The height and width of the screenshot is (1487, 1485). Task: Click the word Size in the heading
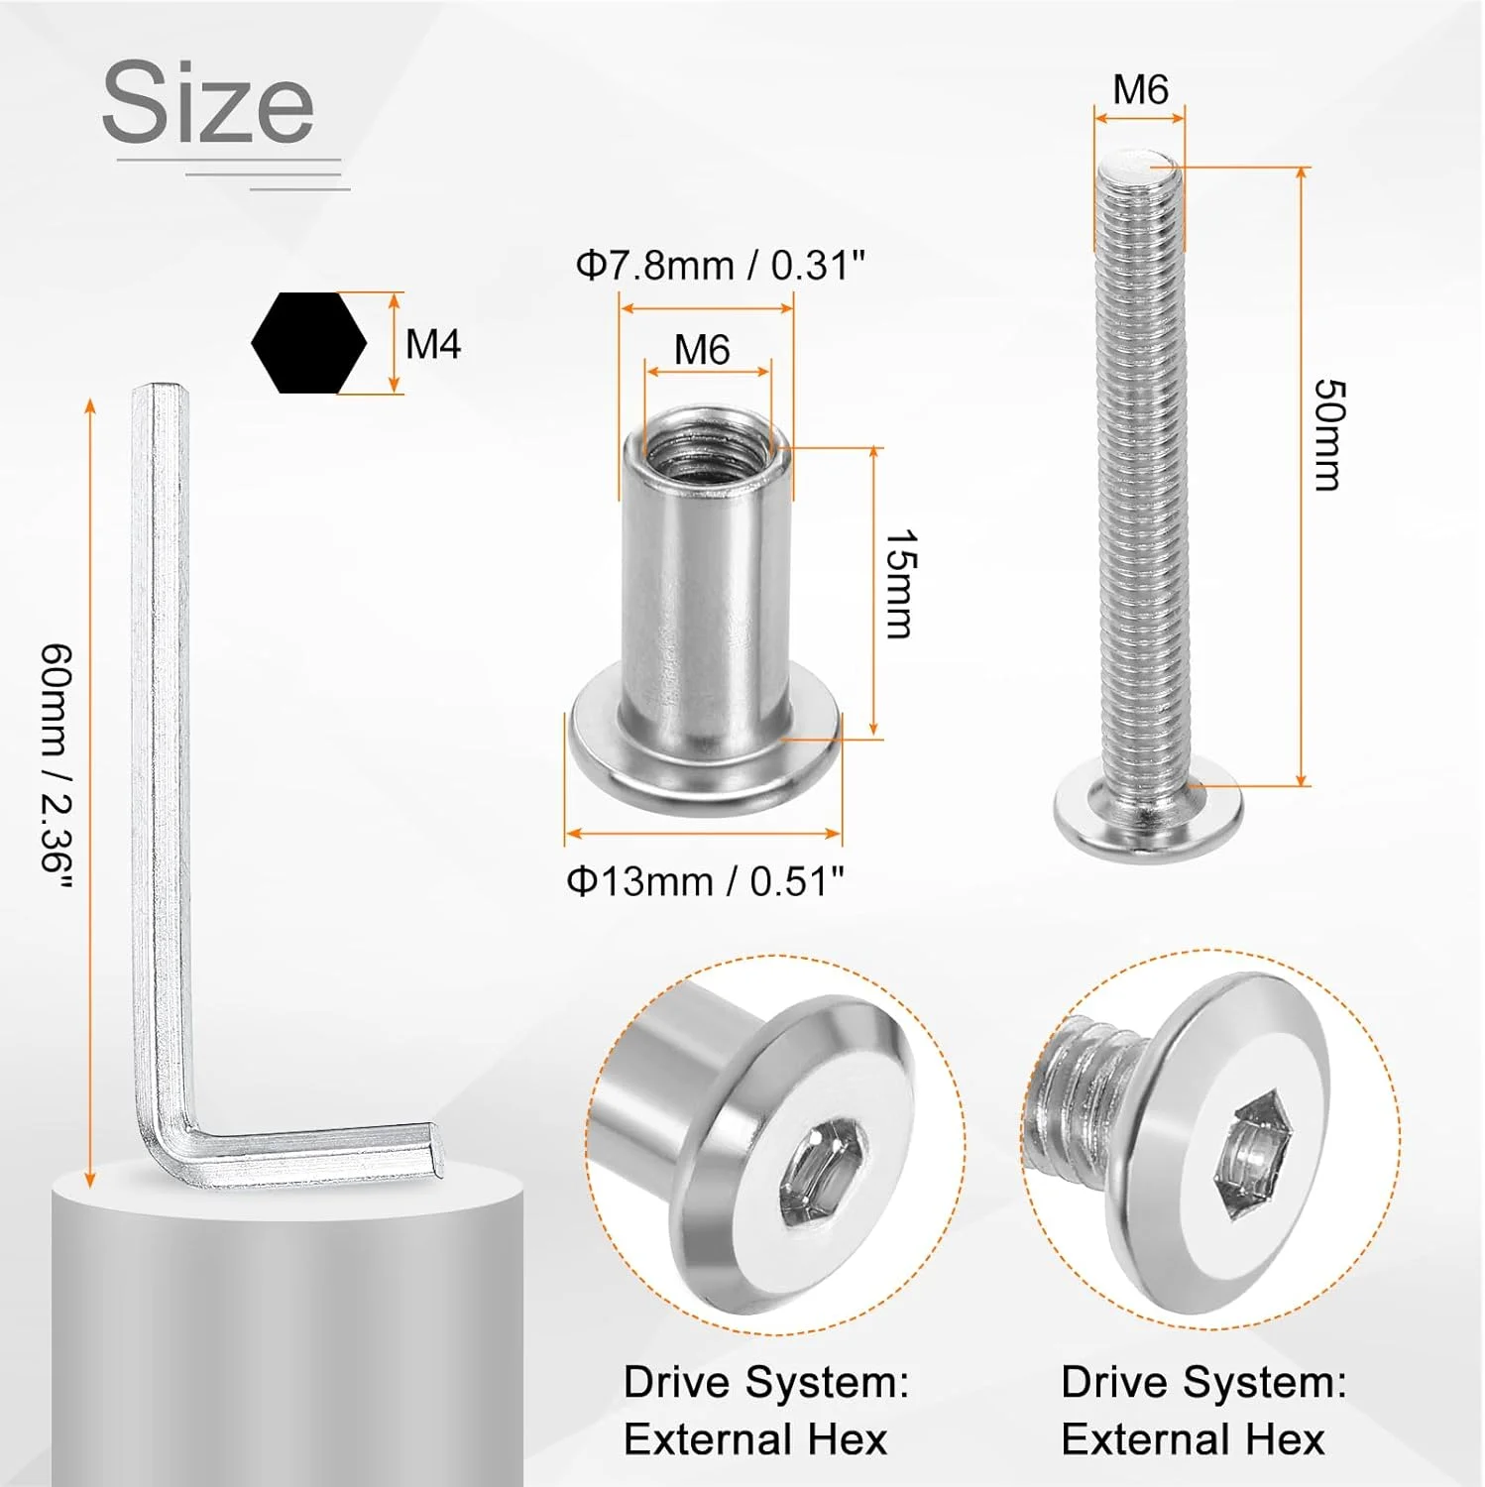pos(208,102)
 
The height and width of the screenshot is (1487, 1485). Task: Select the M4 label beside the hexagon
pos(433,345)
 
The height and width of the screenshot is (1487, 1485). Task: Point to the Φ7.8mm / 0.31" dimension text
pos(721,266)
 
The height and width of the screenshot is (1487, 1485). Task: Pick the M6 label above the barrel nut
pos(702,350)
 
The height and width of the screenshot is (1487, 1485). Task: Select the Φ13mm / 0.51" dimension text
pos(705,881)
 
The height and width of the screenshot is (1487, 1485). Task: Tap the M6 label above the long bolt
pos(1140,90)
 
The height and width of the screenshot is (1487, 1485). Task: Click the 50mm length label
pos(1329,433)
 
